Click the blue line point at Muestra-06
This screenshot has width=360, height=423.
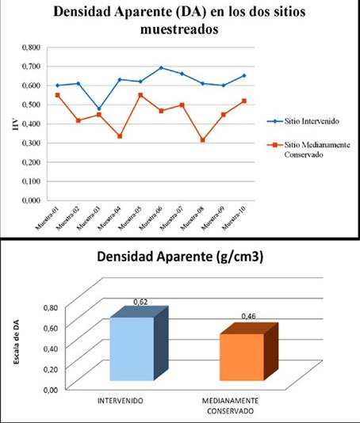162,68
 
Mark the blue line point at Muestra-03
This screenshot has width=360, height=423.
98,109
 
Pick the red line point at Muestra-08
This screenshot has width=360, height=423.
205,140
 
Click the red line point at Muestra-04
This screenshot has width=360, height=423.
119,136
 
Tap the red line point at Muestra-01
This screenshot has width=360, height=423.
55,95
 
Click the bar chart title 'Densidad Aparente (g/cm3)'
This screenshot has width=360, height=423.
180,258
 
